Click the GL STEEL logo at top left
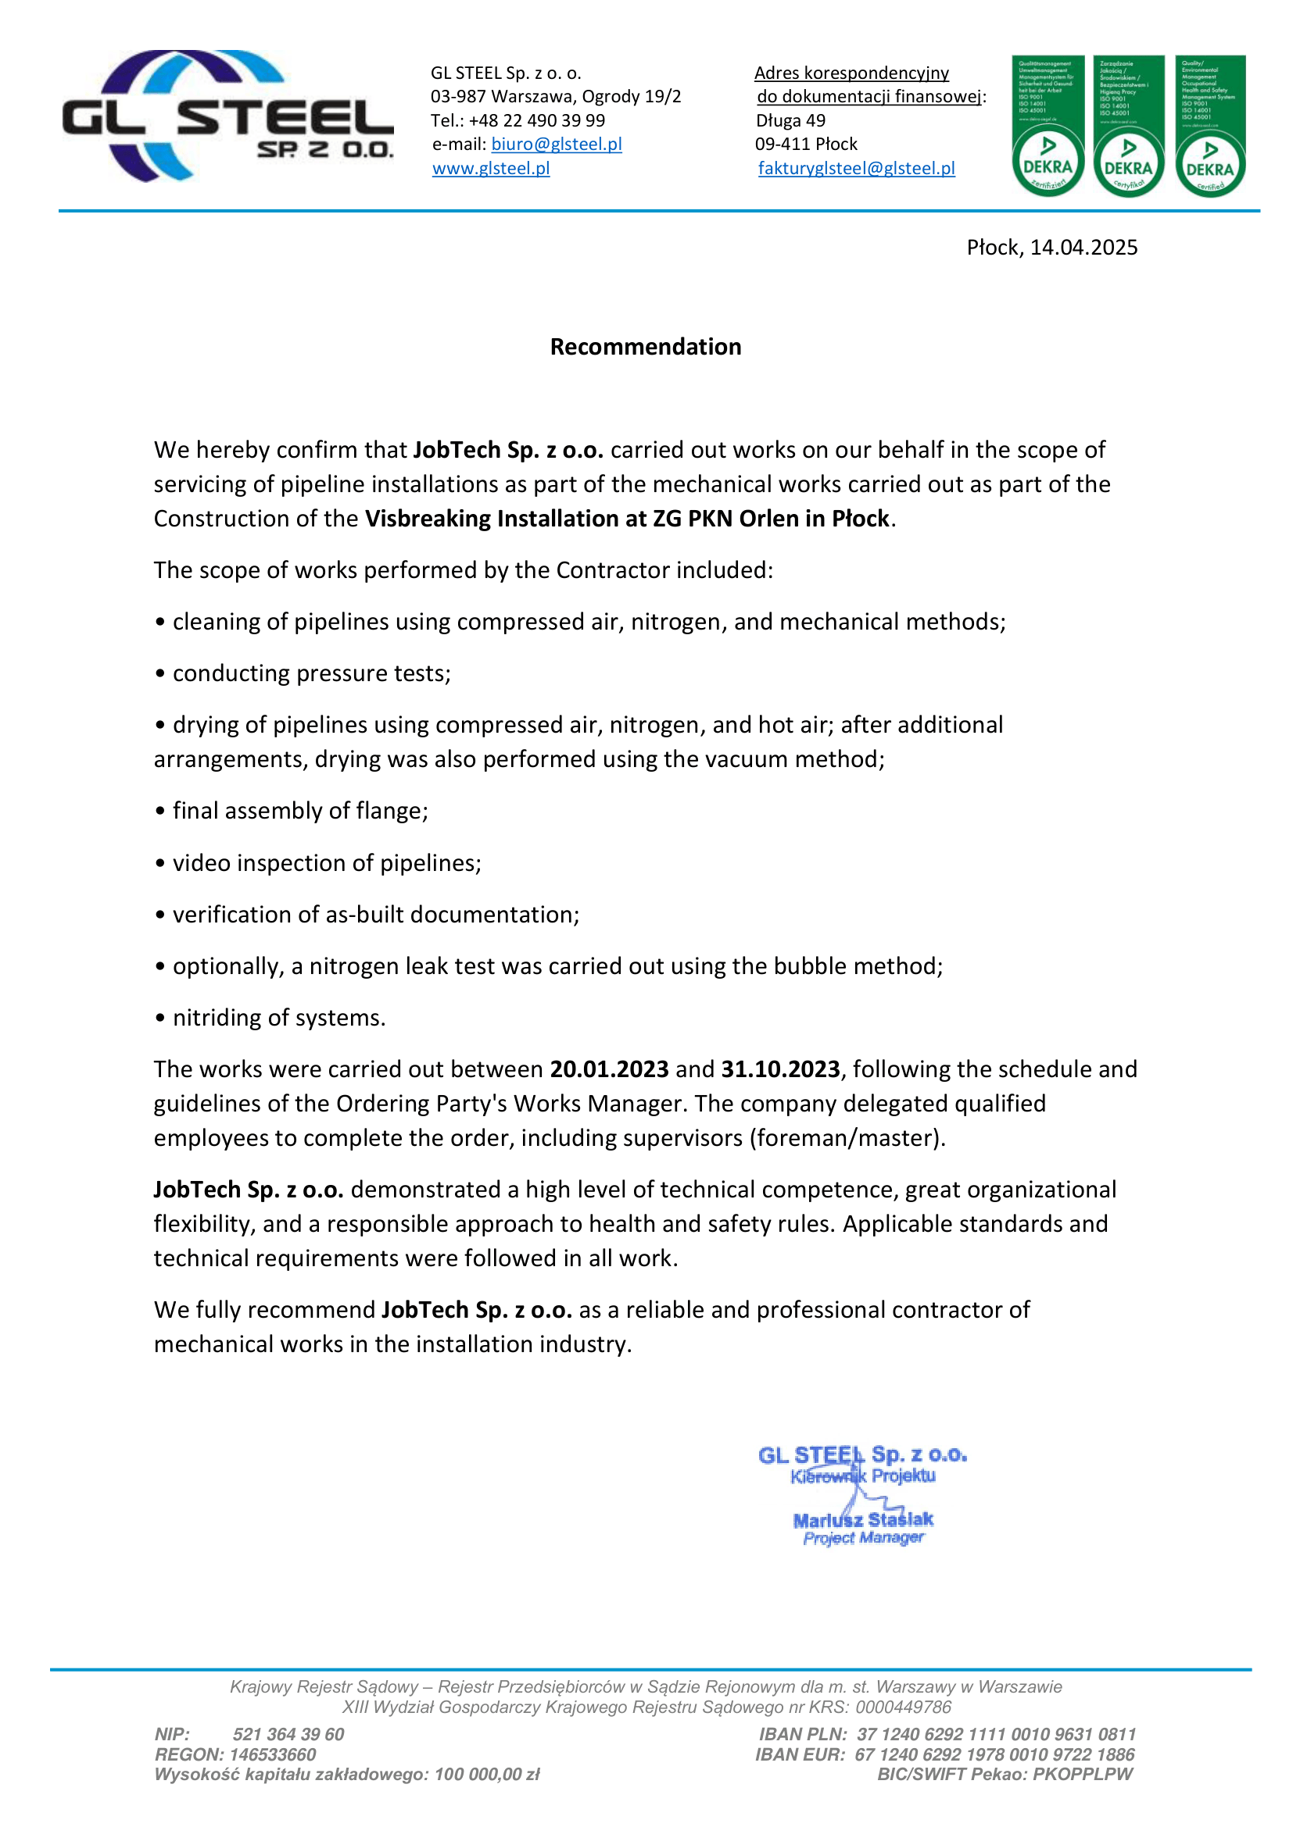tap(227, 117)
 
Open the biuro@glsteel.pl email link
tap(556, 144)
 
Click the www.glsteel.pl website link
tap(490, 168)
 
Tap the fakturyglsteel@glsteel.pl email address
tap(856, 168)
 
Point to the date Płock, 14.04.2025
tap(1051, 248)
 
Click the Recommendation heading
tap(645, 347)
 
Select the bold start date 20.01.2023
tap(609, 1069)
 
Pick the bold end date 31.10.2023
tap(780, 1069)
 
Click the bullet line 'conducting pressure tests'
tap(310, 673)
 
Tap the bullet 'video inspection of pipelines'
tap(327, 862)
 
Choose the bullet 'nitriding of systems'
tap(278, 1018)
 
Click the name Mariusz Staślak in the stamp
tap(863, 1520)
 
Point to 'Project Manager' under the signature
tap(863, 1538)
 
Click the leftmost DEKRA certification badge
tap(1047, 126)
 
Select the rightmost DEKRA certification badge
tap(1209, 126)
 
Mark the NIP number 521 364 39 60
tap(288, 1734)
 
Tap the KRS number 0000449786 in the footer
tap(903, 1707)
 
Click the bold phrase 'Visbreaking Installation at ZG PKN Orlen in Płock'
tap(627, 519)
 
